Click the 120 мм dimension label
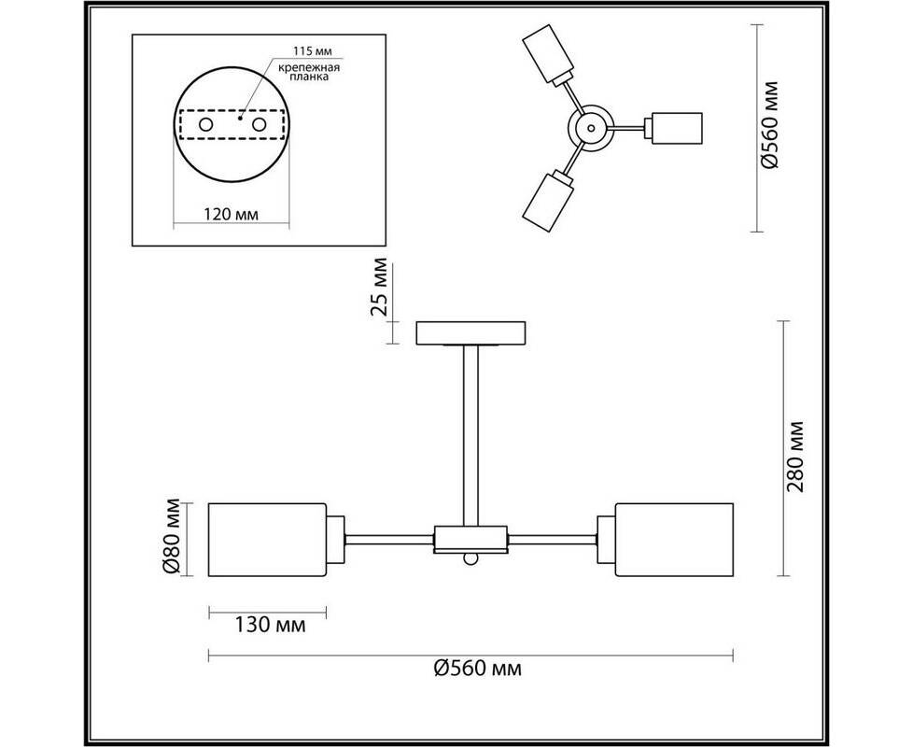point(232,214)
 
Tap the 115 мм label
point(313,51)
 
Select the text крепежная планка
point(308,72)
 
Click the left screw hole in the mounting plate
point(205,124)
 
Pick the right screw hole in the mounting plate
point(260,124)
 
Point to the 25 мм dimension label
point(379,286)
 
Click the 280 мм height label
point(795,457)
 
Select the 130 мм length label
point(270,626)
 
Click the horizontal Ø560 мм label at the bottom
point(477,668)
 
